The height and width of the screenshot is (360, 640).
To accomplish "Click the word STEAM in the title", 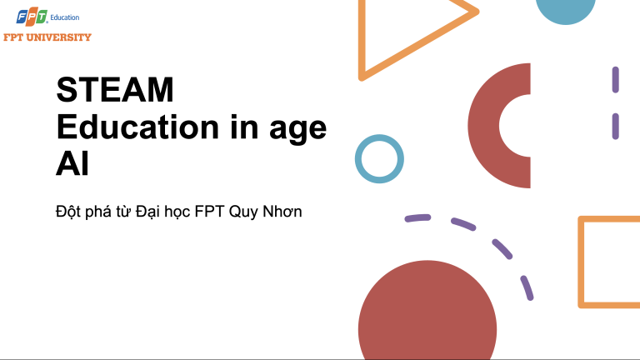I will coord(115,90).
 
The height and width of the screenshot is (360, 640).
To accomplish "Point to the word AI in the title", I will coord(72,163).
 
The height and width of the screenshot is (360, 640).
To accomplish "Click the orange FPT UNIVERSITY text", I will coord(47,37).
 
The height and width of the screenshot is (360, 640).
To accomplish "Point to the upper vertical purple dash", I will coord(616,79).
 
